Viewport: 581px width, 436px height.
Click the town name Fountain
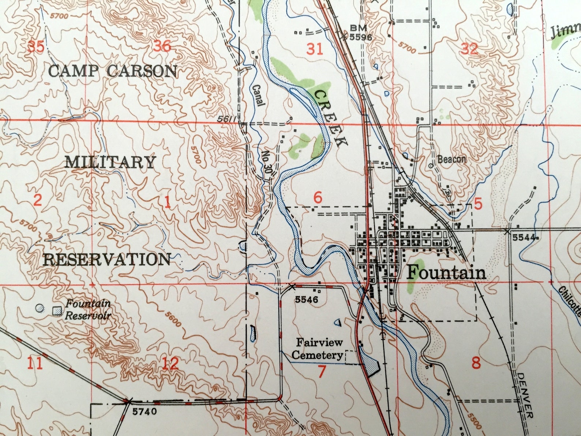(446, 273)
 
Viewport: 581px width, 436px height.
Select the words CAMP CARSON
(113, 71)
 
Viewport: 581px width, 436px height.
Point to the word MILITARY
(110, 162)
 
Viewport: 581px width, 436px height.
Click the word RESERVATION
(107, 260)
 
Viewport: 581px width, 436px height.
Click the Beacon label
(451, 159)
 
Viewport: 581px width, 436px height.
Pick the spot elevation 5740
(145, 411)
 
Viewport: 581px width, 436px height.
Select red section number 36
(162, 46)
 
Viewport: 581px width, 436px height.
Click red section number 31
(315, 49)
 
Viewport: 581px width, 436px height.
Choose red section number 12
(170, 364)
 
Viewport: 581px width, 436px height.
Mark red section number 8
(476, 364)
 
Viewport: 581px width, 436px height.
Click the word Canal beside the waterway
(258, 95)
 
